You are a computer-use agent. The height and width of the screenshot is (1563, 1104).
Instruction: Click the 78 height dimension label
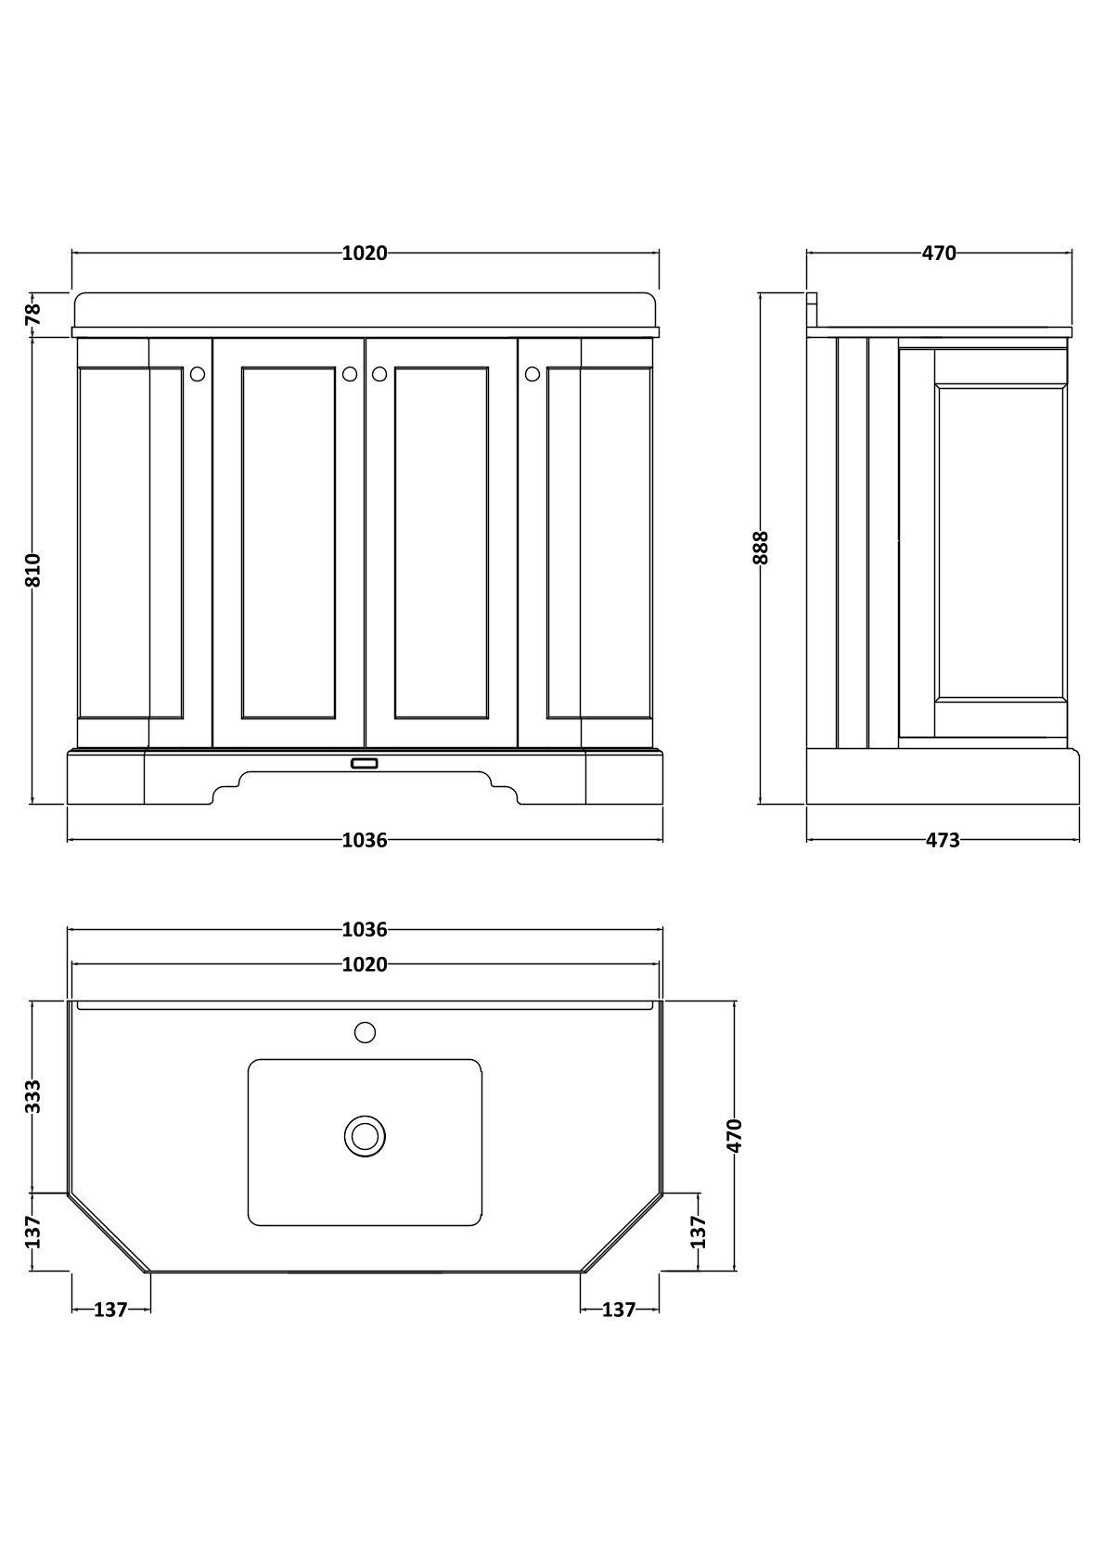click(32, 313)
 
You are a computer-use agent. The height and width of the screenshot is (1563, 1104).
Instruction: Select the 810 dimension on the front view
click(32, 570)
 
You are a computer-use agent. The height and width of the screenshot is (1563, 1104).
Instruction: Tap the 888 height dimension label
click(761, 548)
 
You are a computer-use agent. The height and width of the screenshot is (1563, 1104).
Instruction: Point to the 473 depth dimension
click(943, 840)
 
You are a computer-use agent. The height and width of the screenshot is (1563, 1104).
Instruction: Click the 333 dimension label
click(32, 1096)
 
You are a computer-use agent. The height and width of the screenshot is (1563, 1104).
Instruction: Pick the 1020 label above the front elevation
click(365, 252)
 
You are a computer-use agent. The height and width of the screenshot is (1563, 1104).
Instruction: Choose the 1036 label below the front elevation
click(365, 840)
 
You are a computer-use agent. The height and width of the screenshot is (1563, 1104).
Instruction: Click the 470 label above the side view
click(940, 252)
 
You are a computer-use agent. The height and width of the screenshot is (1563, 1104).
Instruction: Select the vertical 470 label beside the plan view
click(734, 1136)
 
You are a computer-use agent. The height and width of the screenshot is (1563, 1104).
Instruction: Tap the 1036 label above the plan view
click(365, 929)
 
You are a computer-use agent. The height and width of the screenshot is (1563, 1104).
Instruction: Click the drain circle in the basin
click(365, 1136)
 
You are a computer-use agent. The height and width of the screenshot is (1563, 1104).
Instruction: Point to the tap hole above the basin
click(365, 1032)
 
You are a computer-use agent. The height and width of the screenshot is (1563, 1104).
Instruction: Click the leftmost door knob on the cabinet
click(198, 374)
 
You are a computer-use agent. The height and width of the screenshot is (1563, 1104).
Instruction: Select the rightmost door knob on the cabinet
click(532, 374)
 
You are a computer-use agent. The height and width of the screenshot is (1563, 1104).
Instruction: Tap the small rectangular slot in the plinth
click(365, 764)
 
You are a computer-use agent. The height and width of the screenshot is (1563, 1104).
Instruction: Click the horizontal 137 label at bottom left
click(110, 1310)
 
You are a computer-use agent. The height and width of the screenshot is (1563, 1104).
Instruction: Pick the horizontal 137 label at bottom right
click(619, 1310)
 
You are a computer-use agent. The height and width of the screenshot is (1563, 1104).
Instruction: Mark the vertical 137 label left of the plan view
click(32, 1232)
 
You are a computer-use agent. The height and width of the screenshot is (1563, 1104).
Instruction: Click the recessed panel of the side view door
click(1001, 544)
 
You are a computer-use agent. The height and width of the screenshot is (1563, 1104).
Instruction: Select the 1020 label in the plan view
click(365, 965)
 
